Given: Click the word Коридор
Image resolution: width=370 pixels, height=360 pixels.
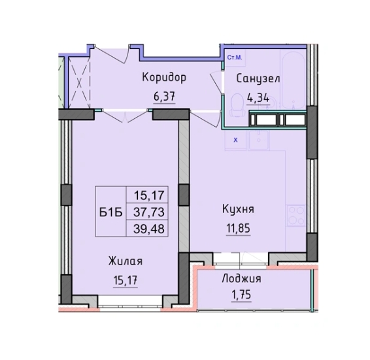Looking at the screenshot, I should coord(164,78).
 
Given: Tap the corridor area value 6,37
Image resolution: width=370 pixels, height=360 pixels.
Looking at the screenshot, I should coord(164,96).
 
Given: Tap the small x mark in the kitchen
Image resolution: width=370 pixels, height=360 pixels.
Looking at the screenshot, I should coord(235,139).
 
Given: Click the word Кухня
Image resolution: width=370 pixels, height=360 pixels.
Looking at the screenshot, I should coord(237,209).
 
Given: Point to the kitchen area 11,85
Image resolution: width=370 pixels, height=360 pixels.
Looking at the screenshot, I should coord(237,228).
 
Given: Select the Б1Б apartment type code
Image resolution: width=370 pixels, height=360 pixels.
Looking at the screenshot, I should coord(108,211).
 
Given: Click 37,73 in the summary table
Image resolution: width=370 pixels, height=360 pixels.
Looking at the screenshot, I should coord(149,211).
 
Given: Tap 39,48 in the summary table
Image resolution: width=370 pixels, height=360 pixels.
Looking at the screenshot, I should coord(149,227).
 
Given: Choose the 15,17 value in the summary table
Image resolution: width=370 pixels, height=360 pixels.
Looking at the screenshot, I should coord(149,195).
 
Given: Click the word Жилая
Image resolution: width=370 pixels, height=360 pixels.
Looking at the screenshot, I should coord(126,261).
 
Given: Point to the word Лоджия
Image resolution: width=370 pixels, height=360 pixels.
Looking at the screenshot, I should coord(242,278).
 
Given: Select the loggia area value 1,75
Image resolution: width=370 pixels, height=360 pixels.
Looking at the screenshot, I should coord(242,295).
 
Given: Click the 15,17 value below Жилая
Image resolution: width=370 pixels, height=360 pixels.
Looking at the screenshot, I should coord(126,281).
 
